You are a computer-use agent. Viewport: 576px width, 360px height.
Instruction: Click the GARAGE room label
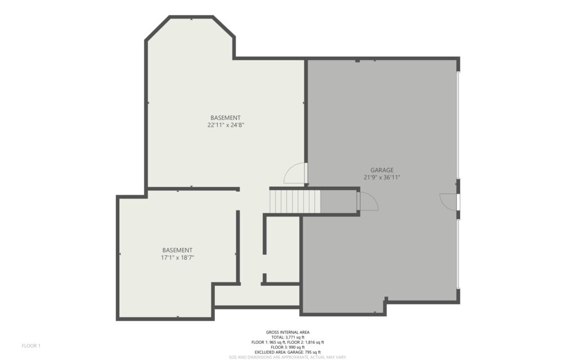tap(382, 170)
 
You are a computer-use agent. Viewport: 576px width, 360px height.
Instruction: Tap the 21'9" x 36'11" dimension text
tap(382, 177)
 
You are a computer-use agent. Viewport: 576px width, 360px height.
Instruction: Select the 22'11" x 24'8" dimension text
tap(226, 125)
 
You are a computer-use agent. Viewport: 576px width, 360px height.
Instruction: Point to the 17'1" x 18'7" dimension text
tap(177, 258)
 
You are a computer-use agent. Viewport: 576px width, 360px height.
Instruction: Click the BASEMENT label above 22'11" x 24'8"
tap(226, 118)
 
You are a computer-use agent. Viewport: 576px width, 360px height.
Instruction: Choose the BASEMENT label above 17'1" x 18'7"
tap(177, 250)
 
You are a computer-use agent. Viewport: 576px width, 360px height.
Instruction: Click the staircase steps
tap(295, 201)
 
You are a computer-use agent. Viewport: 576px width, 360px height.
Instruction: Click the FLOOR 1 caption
tap(31, 346)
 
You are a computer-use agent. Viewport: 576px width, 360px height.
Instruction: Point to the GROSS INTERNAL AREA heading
tap(287, 332)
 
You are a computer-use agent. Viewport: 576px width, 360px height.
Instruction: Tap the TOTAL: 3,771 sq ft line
tap(287, 337)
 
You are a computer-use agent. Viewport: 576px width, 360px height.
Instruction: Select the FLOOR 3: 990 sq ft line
tap(287, 347)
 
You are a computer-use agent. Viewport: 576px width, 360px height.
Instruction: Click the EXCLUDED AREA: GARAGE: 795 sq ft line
tap(287, 352)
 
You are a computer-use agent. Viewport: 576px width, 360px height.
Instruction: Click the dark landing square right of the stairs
tap(339, 201)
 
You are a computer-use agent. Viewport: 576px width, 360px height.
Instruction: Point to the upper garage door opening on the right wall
tap(458, 125)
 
